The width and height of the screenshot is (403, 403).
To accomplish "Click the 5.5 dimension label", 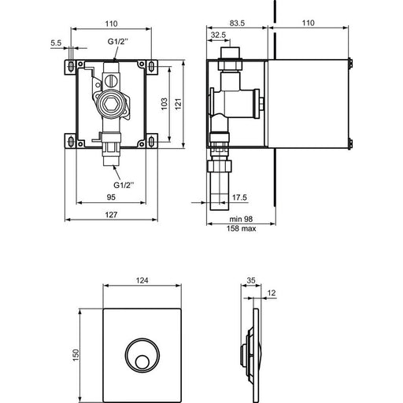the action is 56,43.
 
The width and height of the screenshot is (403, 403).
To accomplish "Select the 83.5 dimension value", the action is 237,23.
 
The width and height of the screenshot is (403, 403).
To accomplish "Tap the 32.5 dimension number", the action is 218,35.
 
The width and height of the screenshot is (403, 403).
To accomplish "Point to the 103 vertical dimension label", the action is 164,104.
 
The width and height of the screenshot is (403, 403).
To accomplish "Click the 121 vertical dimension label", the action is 178,104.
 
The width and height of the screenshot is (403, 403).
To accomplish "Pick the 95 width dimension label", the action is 111,197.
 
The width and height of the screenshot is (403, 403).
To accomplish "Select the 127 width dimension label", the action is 111,215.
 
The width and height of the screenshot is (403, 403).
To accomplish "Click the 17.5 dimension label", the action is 239,198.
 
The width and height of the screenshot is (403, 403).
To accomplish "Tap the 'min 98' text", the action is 241,219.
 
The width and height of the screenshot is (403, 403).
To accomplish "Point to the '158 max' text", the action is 241,228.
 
